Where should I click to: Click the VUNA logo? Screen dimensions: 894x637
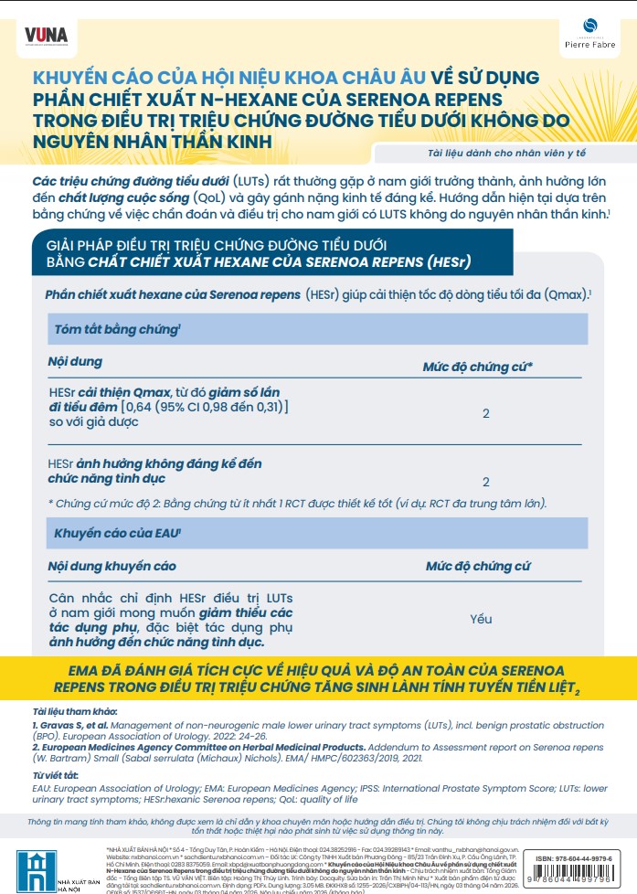point(47,36)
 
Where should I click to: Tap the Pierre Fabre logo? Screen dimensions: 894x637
point(590,36)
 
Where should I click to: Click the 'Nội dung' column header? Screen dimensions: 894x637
point(75,362)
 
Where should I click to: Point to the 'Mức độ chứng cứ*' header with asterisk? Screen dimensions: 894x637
point(478,367)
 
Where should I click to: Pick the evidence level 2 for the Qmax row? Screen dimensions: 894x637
point(486,413)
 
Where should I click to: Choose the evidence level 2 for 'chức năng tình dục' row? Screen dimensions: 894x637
point(486,481)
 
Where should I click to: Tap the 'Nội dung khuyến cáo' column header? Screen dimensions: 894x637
point(111,567)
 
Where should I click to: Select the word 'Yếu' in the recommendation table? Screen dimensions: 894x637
point(481,619)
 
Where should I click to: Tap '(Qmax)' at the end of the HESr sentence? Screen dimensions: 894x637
point(563,294)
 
